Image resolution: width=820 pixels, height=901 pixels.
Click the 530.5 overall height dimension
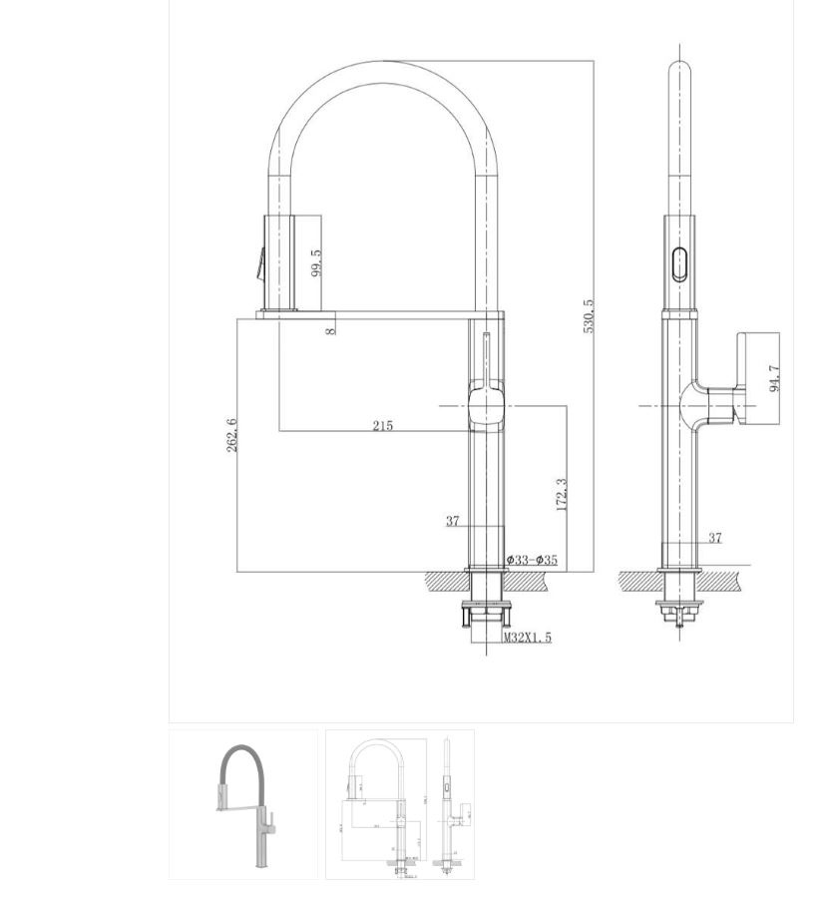click(589, 316)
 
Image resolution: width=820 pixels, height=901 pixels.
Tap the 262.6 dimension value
click(231, 435)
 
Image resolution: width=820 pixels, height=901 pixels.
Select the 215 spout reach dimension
click(383, 426)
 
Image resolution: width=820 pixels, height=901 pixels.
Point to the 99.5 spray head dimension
click(316, 262)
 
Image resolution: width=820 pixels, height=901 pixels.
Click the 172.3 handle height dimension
click(562, 494)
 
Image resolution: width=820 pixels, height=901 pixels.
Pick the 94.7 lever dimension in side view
click(774, 379)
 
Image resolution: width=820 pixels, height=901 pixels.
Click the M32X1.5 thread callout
click(528, 638)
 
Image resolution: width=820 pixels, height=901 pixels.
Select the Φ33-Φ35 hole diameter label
click(532, 560)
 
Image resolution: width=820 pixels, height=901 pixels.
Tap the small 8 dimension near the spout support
click(330, 330)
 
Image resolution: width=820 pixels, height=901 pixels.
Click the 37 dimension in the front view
click(453, 521)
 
